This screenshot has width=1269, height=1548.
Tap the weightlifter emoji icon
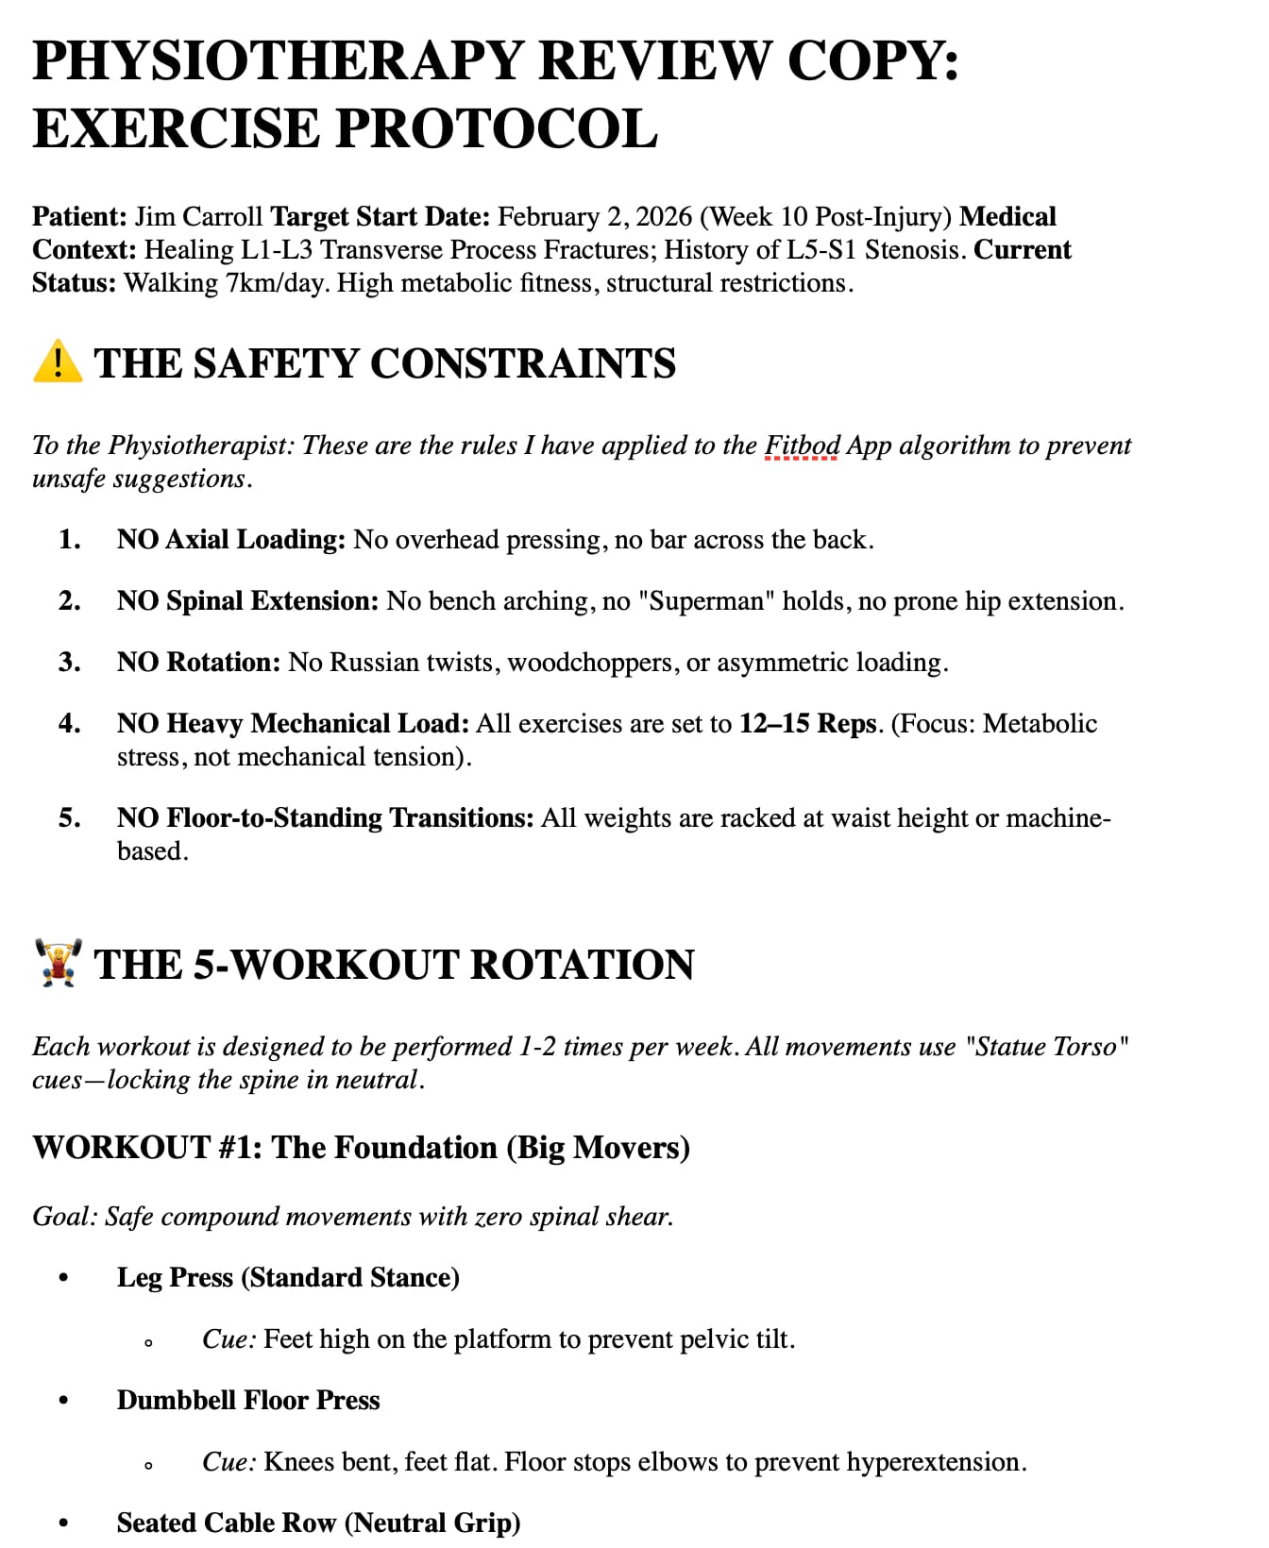tap(58, 963)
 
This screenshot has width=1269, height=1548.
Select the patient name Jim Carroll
tap(198, 217)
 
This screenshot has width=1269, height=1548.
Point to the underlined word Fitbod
tap(802, 446)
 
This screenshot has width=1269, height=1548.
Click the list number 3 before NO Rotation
tap(69, 663)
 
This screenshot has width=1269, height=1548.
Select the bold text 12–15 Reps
tap(808, 724)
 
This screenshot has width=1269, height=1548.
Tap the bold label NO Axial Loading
tap(230, 540)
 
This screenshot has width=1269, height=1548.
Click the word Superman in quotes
tap(706, 601)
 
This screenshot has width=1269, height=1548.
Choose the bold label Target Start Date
tap(380, 217)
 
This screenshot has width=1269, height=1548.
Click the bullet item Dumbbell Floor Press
tap(248, 1401)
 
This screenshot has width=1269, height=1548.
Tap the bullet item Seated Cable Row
tap(318, 1523)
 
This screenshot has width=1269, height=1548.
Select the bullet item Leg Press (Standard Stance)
tap(288, 1278)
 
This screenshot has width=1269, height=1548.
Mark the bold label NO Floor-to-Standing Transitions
tap(325, 818)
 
